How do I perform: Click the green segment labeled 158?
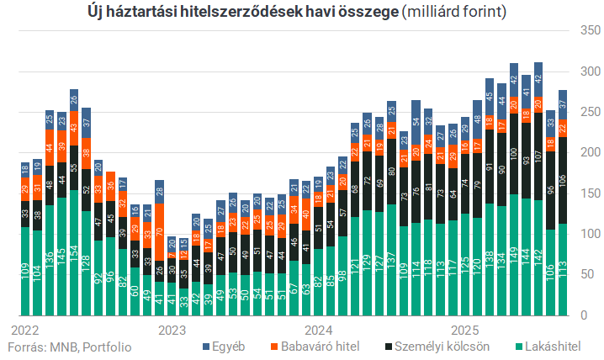[74, 252]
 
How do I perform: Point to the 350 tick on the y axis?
[590, 30]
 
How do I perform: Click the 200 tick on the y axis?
[590, 152]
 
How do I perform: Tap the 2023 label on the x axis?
[171, 330]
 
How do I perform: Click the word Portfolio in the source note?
[109, 346]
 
